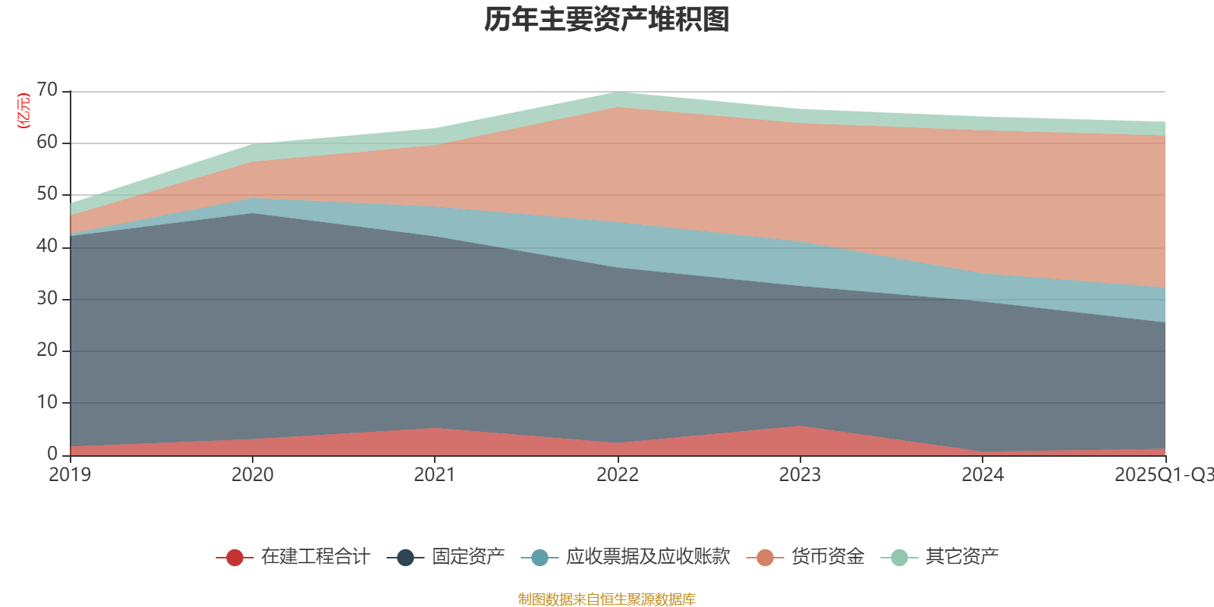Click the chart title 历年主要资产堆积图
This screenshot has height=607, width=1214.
[x=607, y=20]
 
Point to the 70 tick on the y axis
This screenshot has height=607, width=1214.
[x=47, y=90]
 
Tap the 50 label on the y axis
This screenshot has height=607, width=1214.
[x=47, y=194]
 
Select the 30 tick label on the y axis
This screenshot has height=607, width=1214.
[x=47, y=298]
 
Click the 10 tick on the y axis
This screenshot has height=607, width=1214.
[x=47, y=402]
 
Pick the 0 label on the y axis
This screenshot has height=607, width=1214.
[x=52, y=454]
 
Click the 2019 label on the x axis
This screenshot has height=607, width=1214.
[x=70, y=475]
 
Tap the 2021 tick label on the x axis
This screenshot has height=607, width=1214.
[x=435, y=475]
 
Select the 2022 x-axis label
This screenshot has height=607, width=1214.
[x=618, y=475]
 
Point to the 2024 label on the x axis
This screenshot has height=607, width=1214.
[x=983, y=475]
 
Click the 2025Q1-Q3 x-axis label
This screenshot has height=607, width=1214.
[x=1163, y=475]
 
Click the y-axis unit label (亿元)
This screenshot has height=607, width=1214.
[x=24, y=111]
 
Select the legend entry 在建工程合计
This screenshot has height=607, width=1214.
[x=315, y=557]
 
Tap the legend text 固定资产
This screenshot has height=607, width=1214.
[x=468, y=557]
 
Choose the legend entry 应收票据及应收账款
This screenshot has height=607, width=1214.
[x=647, y=557]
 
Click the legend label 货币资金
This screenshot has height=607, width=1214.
[x=827, y=557]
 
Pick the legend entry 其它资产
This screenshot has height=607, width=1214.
[x=961, y=557]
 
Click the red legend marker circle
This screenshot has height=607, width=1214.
[x=234, y=558]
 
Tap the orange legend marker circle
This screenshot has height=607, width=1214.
[x=765, y=558]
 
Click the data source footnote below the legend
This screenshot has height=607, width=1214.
[x=607, y=599]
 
